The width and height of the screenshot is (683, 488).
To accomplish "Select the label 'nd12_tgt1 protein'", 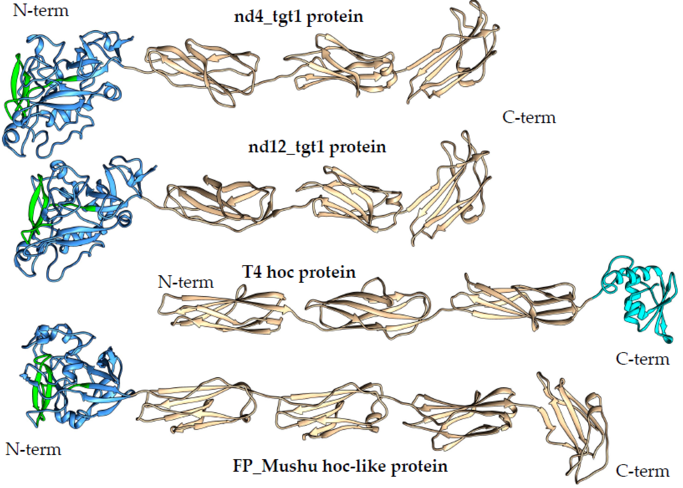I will (317, 147).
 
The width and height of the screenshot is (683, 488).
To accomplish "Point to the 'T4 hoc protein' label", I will (299, 272).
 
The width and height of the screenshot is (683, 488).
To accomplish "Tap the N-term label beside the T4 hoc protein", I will (186, 282).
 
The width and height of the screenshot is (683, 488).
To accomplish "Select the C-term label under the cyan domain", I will (642, 359).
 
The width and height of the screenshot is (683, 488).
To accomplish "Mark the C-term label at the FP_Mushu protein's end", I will (642, 471).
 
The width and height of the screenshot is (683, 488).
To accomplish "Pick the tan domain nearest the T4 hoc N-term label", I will (222, 312).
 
